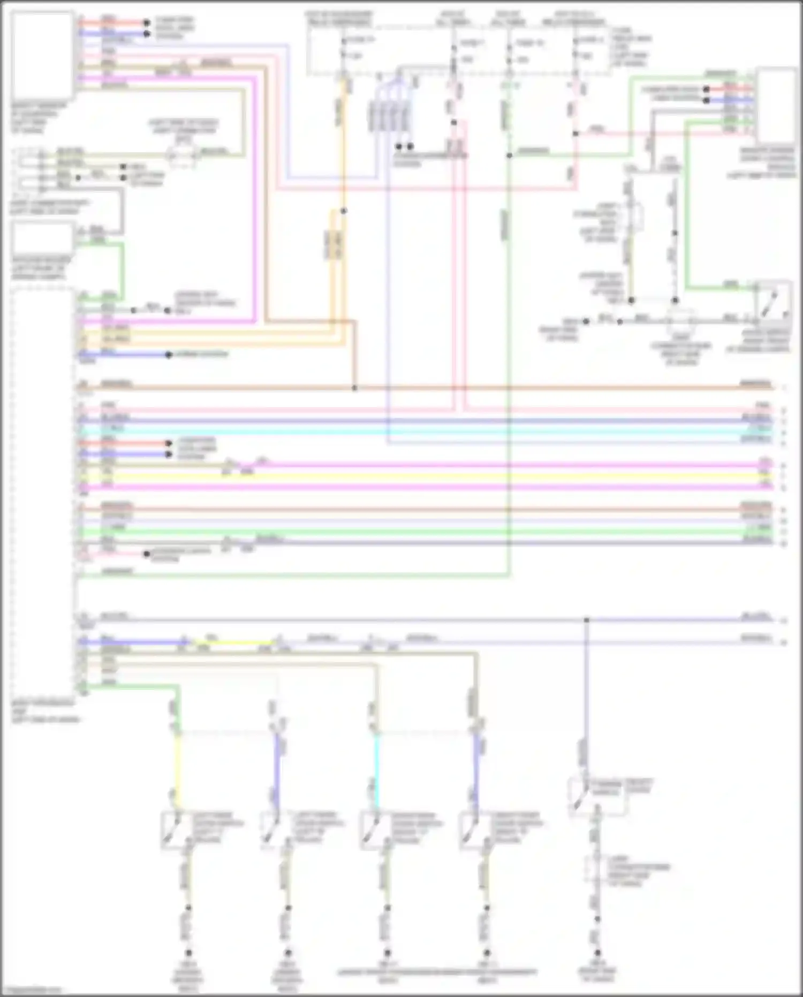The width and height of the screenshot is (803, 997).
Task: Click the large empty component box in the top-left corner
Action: coord(42,54)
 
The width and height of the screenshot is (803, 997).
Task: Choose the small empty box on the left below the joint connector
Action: coord(42,239)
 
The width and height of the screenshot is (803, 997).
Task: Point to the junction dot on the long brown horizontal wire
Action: coord(354,387)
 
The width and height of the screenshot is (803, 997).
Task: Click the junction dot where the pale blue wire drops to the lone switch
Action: coord(587,620)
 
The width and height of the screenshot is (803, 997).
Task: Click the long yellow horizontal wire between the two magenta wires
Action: coord(428,476)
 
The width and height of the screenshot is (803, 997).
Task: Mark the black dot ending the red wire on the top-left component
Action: coord(146,23)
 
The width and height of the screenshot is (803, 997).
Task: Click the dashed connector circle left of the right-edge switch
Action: coord(681,321)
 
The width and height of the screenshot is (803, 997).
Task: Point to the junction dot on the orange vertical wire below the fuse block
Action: coord(343,211)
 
